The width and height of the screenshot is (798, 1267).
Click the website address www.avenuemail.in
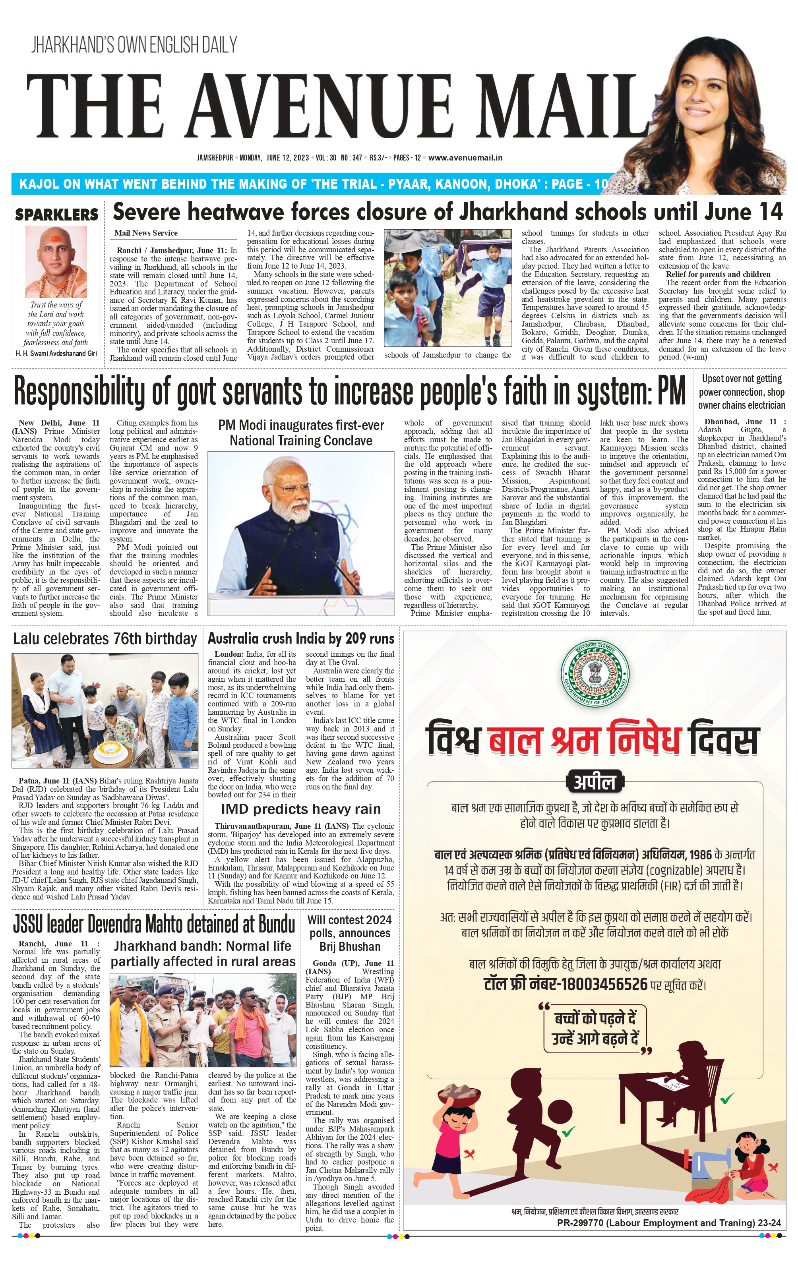tap(465, 157)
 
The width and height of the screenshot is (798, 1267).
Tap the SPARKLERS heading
tap(57, 215)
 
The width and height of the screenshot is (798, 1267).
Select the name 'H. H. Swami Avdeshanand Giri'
tap(56, 354)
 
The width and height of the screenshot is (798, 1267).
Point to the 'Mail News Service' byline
tap(146, 233)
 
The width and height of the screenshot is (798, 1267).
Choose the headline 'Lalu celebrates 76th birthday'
tap(105, 639)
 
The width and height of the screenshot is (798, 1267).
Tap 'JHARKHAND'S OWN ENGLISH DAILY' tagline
tap(134, 45)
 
